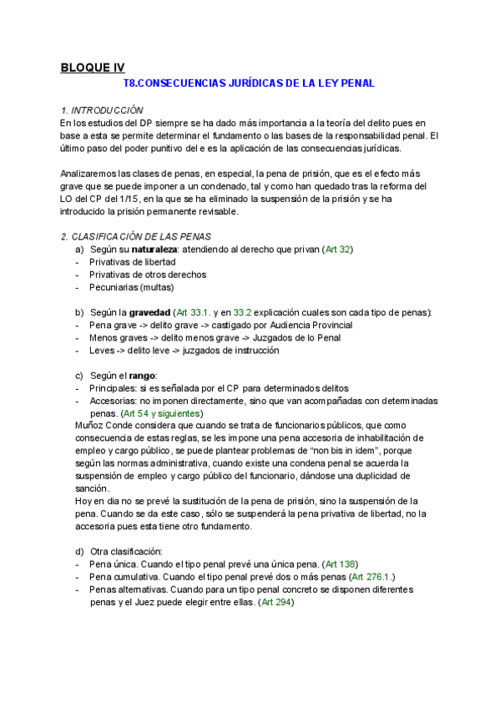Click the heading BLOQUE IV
93,68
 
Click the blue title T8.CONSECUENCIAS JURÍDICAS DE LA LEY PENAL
249,83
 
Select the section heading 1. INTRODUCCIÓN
103,110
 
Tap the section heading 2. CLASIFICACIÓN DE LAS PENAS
137,237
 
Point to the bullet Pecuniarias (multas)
132,287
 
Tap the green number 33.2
243,312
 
